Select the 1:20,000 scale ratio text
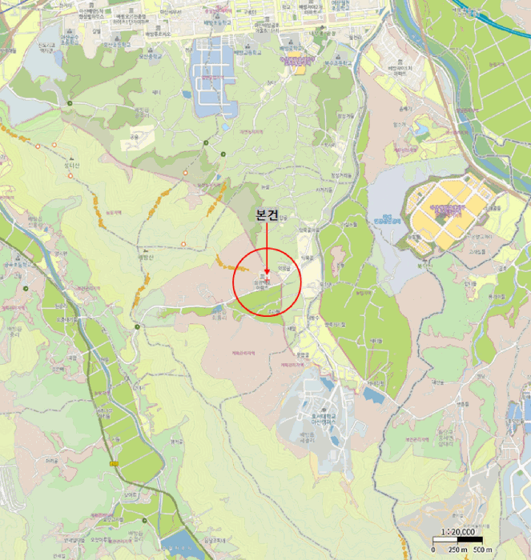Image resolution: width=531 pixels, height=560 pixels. click(x=460, y=533)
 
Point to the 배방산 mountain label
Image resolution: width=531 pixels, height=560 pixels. click(x=145, y=258)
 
